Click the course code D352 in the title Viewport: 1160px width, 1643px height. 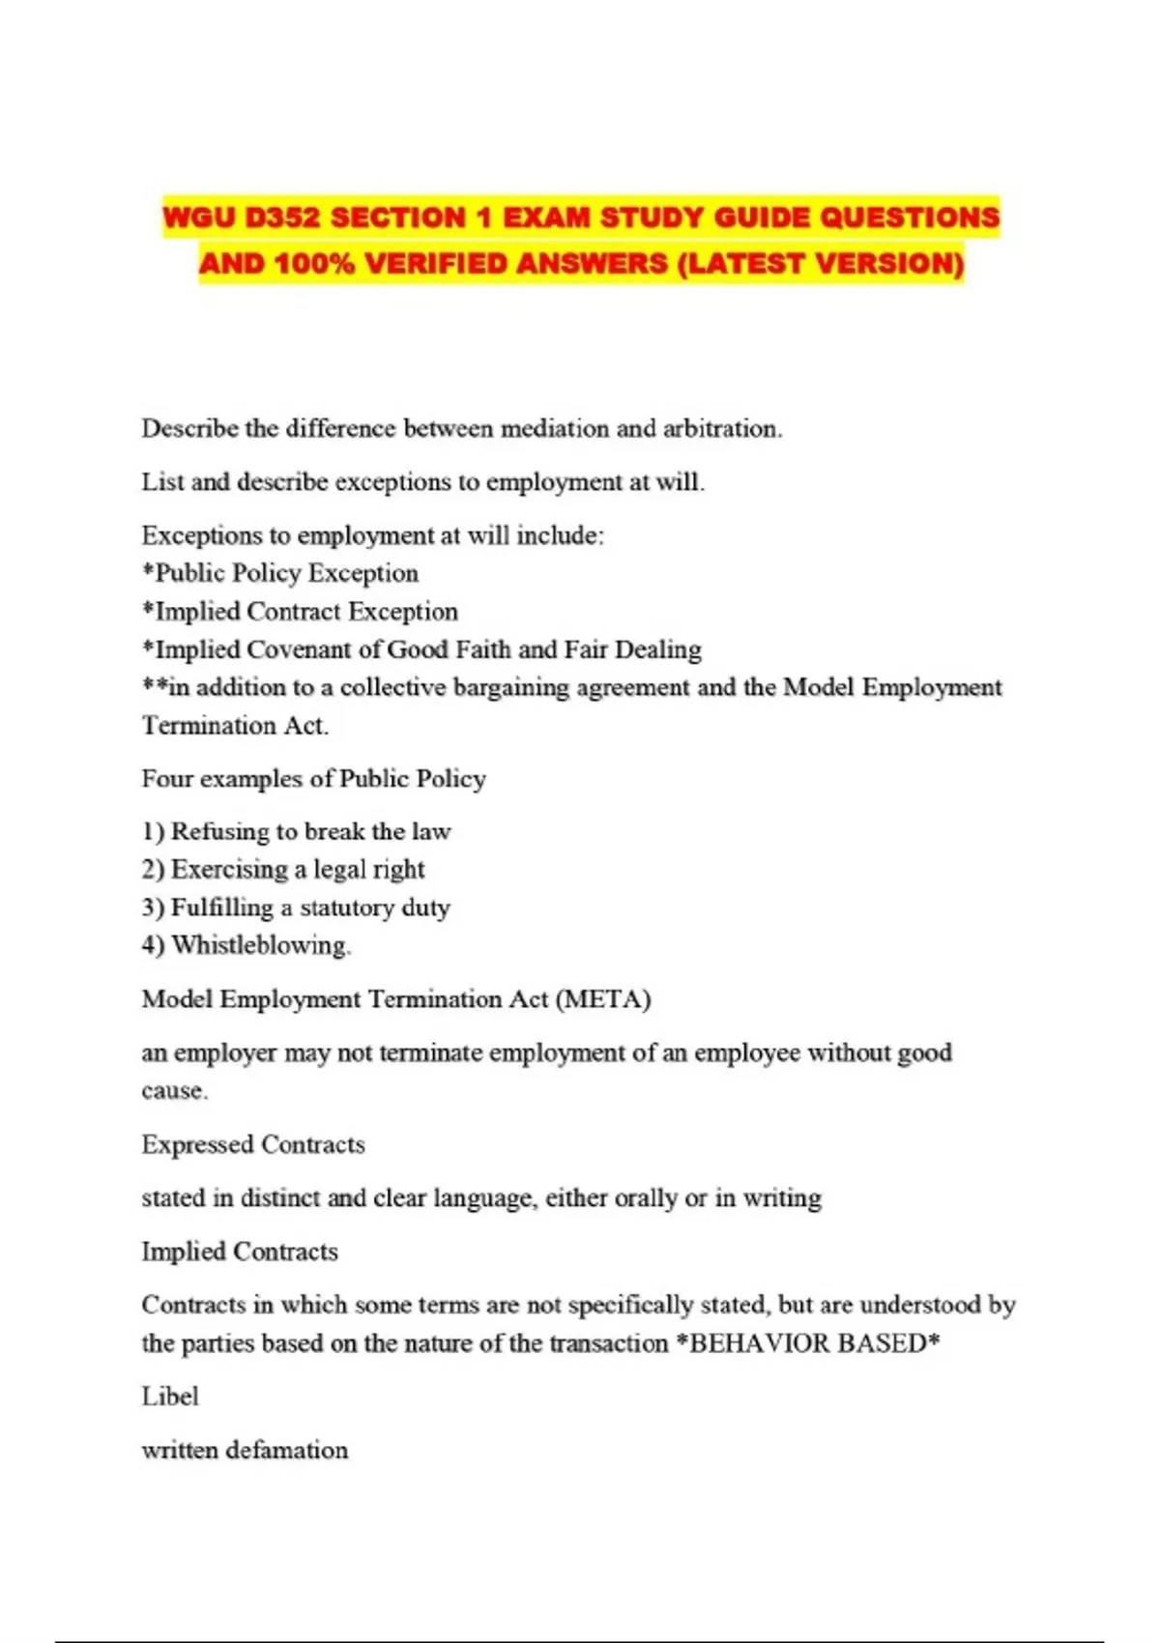click(x=281, y=217)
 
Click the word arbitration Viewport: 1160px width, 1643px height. click(x=721, y=428)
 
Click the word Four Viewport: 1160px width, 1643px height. click(x=166, y=779)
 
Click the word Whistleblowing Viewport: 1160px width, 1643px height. click(x=260, y=945)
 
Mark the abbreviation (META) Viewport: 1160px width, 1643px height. click(x=603, y=999)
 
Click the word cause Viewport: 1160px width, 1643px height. click(x=174, y=1091)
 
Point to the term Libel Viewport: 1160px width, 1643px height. click(x=170, y=1397)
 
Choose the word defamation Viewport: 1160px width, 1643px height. click(x=287, y=1450)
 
